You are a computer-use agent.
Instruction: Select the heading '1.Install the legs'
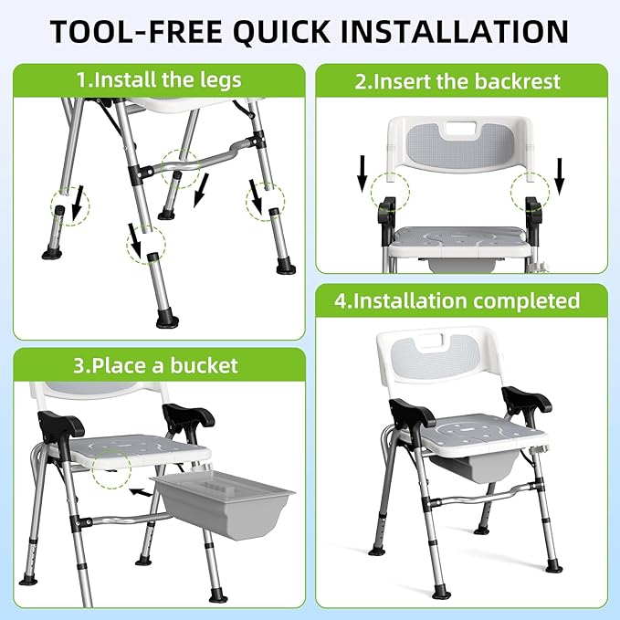pyautogui.click(x=159, y=79)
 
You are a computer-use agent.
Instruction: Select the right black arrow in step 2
pyautogui.click(x=560, y=176)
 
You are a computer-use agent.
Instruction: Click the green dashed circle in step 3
pyautogui.click(x=111, y=468)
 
